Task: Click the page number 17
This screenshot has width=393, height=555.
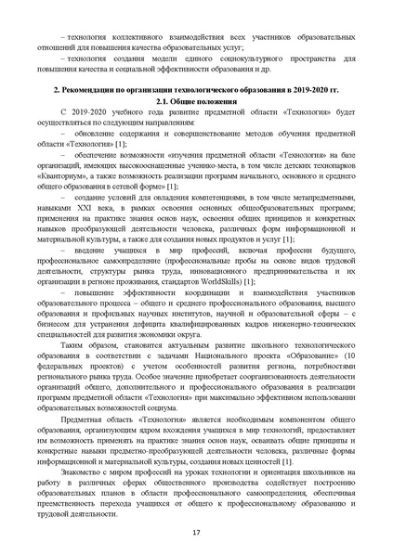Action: pyautogui.click(x=196, y=530)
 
